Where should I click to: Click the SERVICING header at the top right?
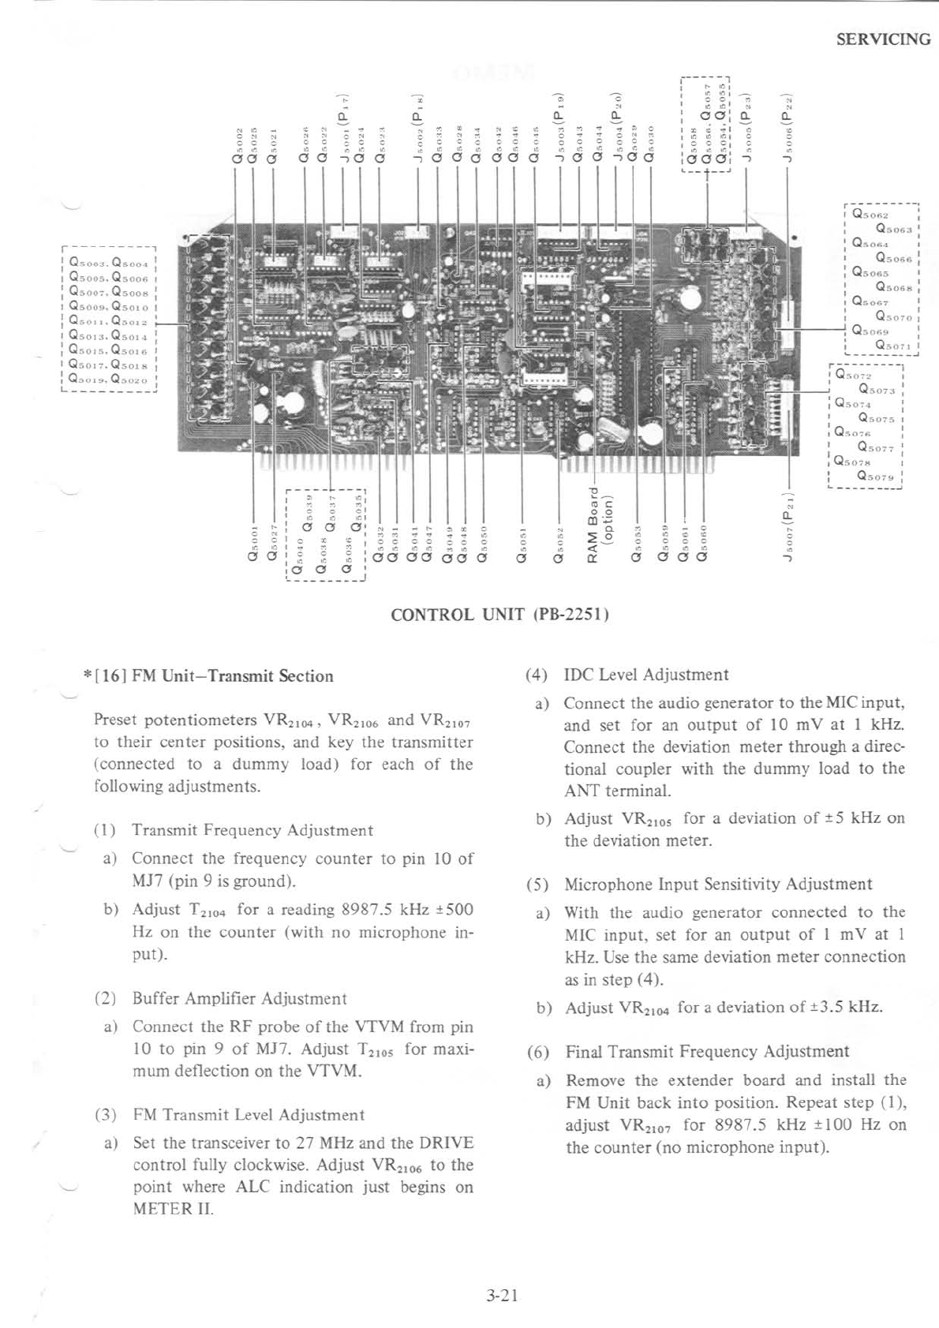coord(883,39)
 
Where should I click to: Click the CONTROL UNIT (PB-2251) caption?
coord(499,615)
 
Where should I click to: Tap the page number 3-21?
coord(502,1295)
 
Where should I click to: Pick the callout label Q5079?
coord(876,477)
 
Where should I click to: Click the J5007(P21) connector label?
coord(787,525)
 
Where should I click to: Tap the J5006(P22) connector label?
coord(787,129)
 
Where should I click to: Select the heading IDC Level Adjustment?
coord(646,675)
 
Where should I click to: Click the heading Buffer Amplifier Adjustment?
coord(239,998)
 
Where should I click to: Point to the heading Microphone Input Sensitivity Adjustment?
coord(718,884)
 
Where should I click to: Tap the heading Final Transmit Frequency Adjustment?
coord(707,1051)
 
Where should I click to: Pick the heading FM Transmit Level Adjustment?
coord(249,1115)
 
